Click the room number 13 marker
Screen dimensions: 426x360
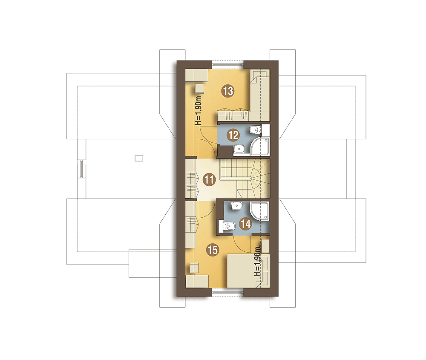[227, 91]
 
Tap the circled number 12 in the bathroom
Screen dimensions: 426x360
[233, 135]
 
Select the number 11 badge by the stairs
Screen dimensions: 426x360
[209, 179]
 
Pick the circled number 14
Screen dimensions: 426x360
[245, 224]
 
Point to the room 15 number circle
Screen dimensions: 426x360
[213, 250]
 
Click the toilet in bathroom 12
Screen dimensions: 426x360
[255, 130]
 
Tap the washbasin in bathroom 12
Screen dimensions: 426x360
[239, 149]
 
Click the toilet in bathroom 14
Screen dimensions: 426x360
[227, 226]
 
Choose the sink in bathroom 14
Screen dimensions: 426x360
[236, 206]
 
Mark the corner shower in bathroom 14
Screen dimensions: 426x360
[260, 211]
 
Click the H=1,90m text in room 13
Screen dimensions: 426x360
[199, 110]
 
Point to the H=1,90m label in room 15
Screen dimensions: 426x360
[257, 261]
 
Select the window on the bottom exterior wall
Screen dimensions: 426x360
[227, 292]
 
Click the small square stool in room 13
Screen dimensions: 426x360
[199, 88]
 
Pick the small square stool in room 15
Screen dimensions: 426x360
[194, 268]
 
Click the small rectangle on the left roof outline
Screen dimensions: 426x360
[139, 158]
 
